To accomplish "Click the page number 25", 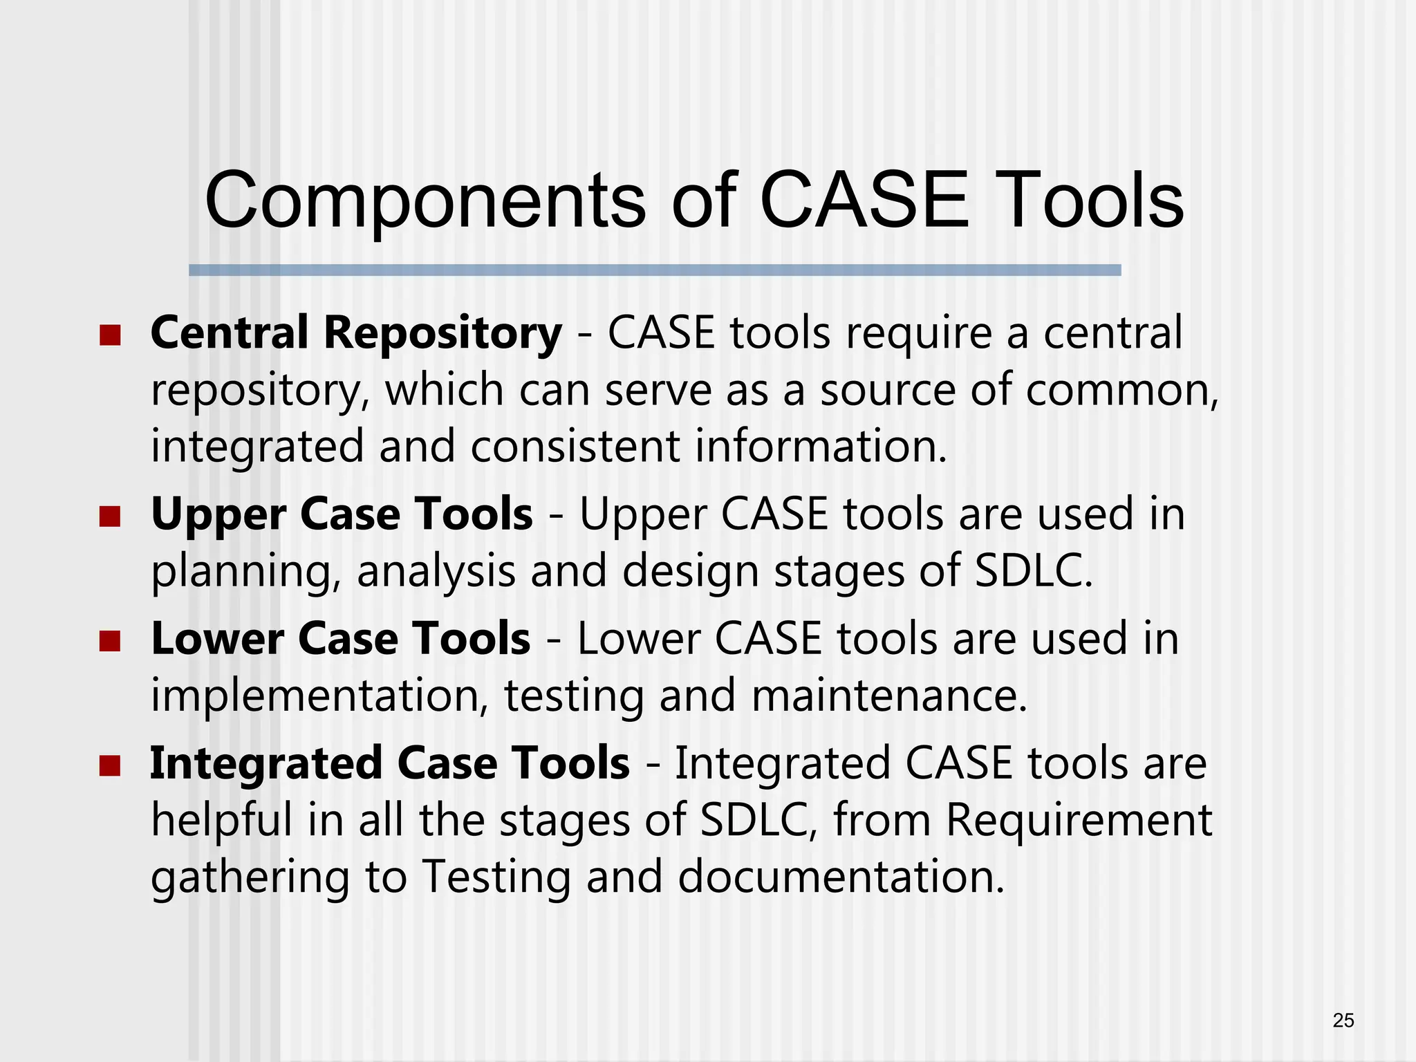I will coord(1343,1021).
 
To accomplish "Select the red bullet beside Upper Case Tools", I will coord(110,516).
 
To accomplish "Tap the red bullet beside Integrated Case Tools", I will coord(110,765).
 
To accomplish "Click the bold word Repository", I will coord(442,334).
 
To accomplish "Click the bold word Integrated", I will coord(265,764).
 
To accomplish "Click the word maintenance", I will coord(889,696).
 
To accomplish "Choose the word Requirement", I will coord(1079,820).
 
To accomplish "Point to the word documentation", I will coord(840,877).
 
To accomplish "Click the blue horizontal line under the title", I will coord(655,270).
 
